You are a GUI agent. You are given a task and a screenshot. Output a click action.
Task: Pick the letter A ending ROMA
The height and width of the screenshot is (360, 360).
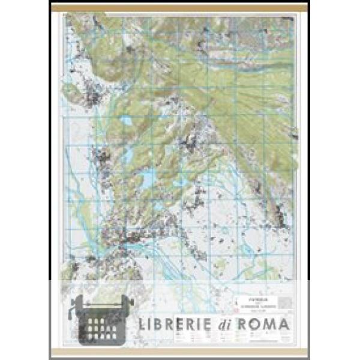click(286, 325)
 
